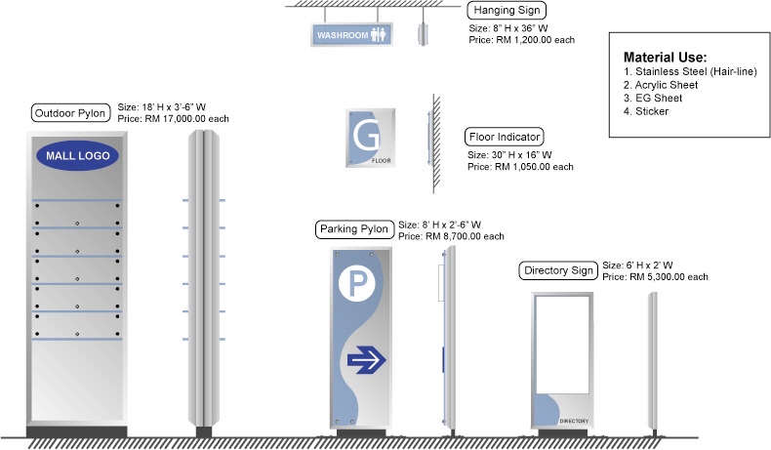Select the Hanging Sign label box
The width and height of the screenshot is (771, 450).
point(502,11)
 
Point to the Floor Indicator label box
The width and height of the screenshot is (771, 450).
point(504,137)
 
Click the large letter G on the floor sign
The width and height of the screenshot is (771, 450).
point(366,138)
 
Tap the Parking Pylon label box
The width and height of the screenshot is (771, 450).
point(354,229)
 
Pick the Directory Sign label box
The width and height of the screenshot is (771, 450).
point(559,270)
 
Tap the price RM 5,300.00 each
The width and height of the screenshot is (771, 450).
point(655,277)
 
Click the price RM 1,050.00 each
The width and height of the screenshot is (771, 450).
point(520,167)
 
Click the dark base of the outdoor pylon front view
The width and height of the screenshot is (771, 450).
point(76,431)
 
